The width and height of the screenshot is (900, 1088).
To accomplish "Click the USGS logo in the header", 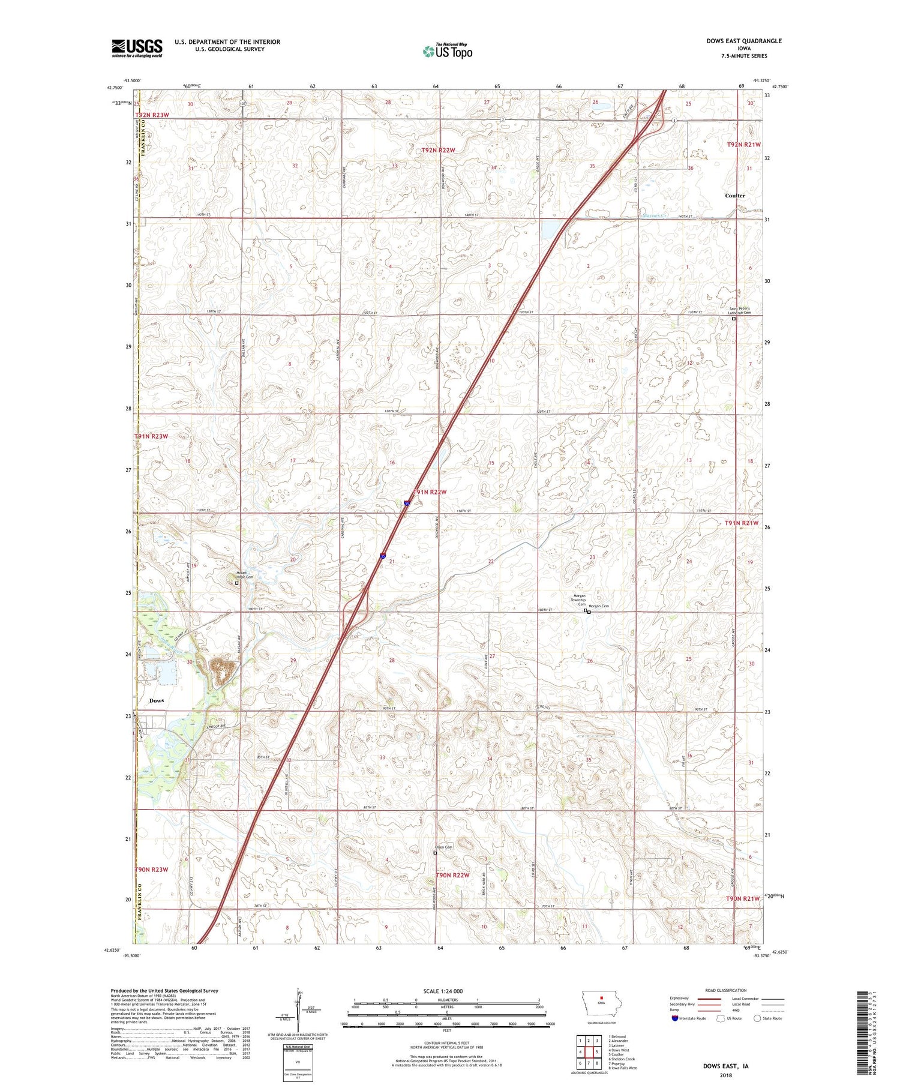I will coord(137,48).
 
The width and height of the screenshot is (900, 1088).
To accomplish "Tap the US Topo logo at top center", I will coord(447,52).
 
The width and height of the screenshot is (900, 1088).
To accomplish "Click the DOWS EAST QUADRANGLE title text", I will coord(744,41).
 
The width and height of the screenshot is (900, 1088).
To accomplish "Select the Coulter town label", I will coord(734,196).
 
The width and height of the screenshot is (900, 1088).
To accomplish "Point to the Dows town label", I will coord(157,700).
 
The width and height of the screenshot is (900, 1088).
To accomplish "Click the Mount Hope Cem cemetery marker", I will coord(236,583).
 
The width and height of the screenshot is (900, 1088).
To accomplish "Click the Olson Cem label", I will coord(443,847).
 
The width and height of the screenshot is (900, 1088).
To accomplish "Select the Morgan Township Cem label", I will coord(578,600).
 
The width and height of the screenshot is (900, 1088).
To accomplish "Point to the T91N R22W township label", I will coord(430,492).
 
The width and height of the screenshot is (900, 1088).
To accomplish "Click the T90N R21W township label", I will coord(742,898).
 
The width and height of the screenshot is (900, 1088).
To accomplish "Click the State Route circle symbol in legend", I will coord(757,1018).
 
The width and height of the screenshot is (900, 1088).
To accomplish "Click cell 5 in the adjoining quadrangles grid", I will coord(597,1051).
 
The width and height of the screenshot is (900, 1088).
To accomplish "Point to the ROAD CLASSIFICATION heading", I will coord(726,990).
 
